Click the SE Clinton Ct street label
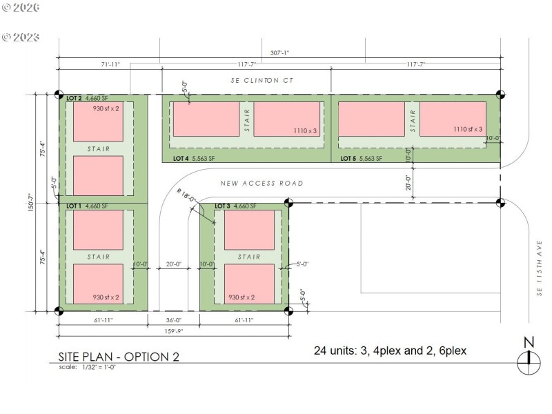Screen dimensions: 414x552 pos(262,81)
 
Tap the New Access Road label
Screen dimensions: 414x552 pos(262,184)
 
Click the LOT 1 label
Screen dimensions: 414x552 pos(75,206)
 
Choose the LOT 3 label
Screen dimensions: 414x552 pos(222,206)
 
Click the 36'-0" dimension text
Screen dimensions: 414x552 pos(173,320)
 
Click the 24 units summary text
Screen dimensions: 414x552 pos(390,351)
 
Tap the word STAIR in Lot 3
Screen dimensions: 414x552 pos(249,257)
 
